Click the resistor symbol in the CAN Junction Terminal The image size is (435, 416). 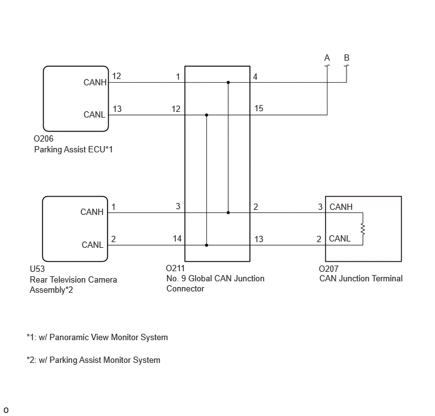click(362, 229)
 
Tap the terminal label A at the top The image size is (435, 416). click(327, 58)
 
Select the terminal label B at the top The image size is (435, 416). click(346, 58)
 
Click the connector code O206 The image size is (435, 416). click(44, 138)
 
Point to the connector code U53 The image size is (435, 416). click(37, 269)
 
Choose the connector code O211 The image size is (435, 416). click(175, 268)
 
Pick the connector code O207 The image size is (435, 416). click(329, 269)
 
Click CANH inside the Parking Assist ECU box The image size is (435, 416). click(95, 82)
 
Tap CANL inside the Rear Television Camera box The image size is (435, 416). click(92, 245)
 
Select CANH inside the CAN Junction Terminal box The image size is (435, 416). click(341, 207)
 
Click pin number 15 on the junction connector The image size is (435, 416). click(259, 109)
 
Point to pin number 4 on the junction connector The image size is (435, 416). click(255, 76)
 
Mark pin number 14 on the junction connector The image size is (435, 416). click(177, 238)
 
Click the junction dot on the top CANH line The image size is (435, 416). click(228, 82)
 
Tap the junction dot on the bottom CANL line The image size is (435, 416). click(206, 245)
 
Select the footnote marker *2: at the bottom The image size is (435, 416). click(32, 360)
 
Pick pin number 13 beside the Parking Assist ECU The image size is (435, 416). click(117, 109)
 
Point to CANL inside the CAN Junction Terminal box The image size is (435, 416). click(340, 238)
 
